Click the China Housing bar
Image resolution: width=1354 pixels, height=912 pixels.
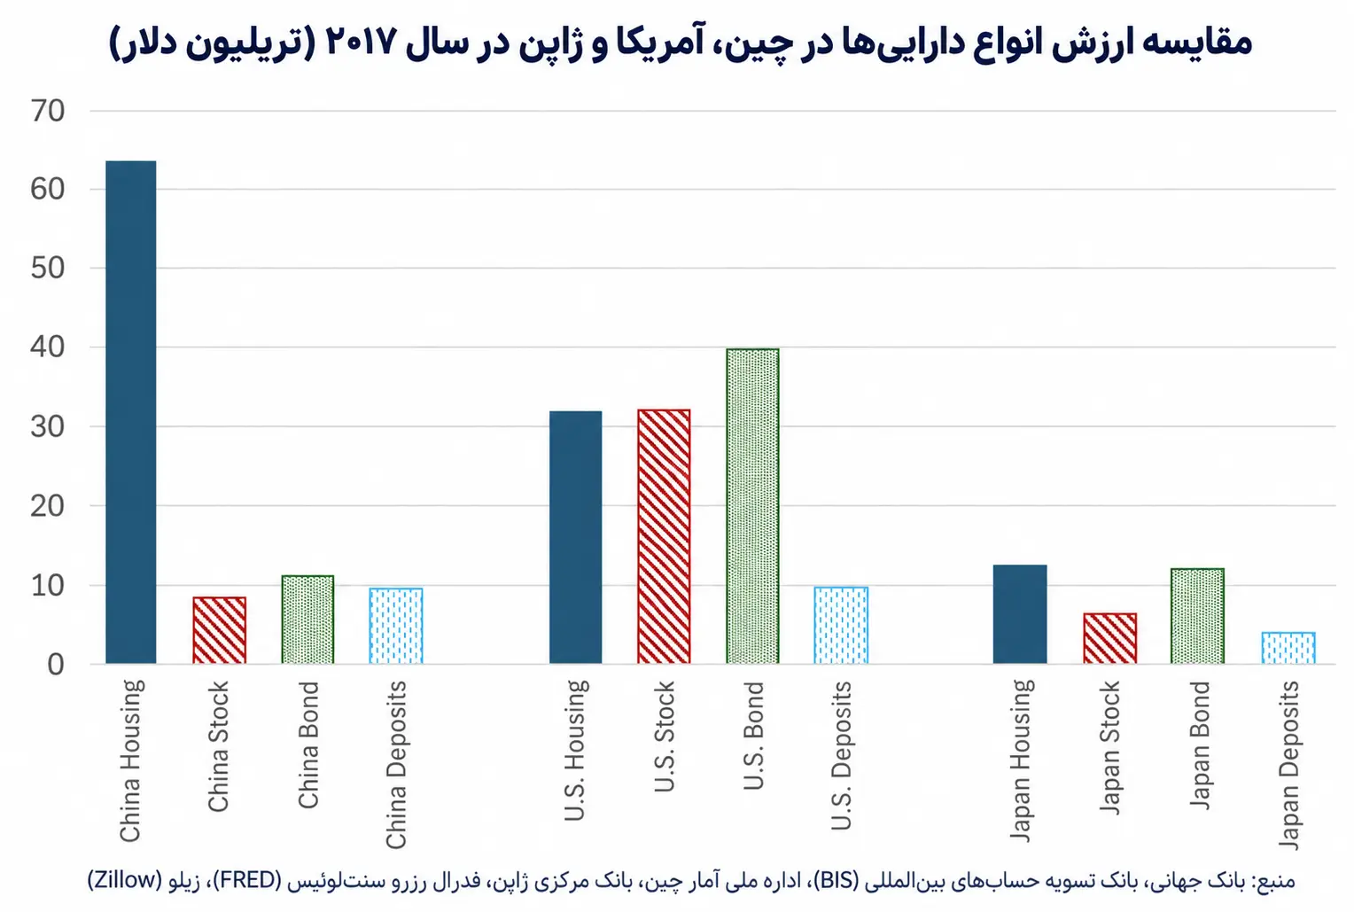pyautogui.click(x=131, y=412)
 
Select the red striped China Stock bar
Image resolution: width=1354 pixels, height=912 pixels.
pyautogui.click(x=220, y=630)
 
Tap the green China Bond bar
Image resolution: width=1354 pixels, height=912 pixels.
pyautogui.click(x=307, y=620)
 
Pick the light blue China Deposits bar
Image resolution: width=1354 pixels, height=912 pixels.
pyautogui.click(x=396, y=626)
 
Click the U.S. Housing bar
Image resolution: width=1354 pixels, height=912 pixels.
pyautogui.click(x=575, y=537)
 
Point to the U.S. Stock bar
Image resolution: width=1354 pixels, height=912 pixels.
pyautogui.click(x=664, y=536)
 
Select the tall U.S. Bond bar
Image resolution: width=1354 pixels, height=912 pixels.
pyautogui.click(x=752, y=506)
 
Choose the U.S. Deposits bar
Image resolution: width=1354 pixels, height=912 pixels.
pyautogui.click(x=841, y=626)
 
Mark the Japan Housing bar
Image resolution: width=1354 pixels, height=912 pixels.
pyautogui.click(x=1020, y=614)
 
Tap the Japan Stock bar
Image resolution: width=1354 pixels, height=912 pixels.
pyautogui.click(x=1109, y=639)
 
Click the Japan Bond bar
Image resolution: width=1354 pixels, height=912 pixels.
pyautogui.click(x=1197, y=616)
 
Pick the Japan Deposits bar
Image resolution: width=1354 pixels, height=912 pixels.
pyautogui.click(x=1288, y=648)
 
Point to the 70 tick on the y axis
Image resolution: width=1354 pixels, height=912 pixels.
pyautogui.click(x=48, y=112)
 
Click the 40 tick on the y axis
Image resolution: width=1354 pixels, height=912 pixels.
pyautogui.click(x=48, y=347)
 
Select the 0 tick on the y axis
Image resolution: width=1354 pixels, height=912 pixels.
pyautogui.click(x=56, y=665)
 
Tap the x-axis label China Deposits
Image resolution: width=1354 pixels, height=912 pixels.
pyautogui.click(x=396, y=765)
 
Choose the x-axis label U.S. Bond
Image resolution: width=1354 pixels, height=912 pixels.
pyautogui.click(x=753, y=736)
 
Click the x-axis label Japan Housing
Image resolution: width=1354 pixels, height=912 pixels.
pyautogui.click(x=1020, y=760)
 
